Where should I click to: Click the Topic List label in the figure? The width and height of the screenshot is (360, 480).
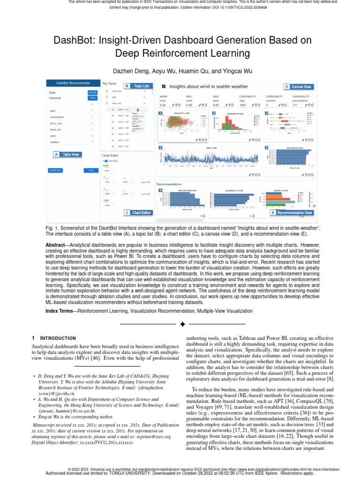(141, 86)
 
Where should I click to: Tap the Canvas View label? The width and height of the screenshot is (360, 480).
(301, 87)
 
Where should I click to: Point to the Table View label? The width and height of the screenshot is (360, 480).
(71, 154)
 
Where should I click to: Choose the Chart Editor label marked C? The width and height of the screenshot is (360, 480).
(141, 212)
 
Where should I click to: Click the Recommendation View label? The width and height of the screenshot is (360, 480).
(294, 212)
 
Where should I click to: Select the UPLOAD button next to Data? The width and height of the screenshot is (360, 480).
(92, 93)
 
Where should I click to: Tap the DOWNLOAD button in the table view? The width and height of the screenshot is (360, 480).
(56, 170)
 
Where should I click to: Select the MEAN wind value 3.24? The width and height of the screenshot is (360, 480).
(163, 105)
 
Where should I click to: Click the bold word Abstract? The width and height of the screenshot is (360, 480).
(55, 245)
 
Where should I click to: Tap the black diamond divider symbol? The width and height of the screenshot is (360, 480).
(183, 324)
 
